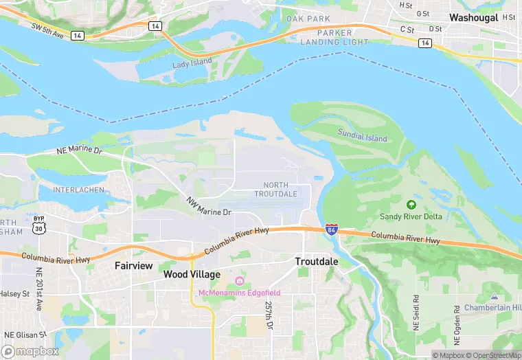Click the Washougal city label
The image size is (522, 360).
(x=473, y=17)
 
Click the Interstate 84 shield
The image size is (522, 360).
(x=332, y=229)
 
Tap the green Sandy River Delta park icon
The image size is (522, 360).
(x=411, y=204)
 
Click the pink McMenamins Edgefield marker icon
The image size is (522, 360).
(x=239, y=281)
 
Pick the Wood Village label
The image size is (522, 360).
(x=192, y=274)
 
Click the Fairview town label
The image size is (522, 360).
(x=133, y=265)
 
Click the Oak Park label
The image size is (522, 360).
(x=308, y=19)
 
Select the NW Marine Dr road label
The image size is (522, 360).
(x=209, y=207)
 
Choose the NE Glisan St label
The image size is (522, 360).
(x=24, y=335)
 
